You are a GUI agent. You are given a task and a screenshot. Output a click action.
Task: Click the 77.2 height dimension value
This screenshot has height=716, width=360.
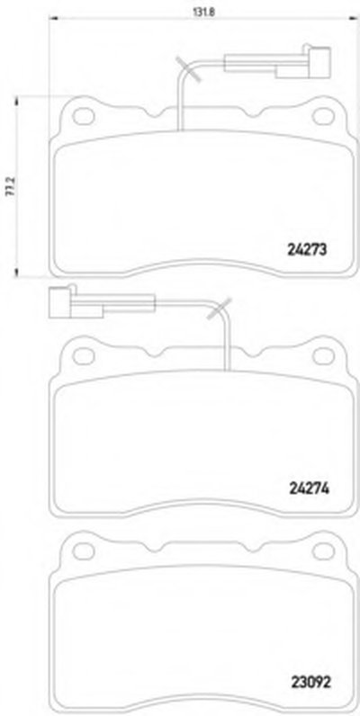(x=8, y=187)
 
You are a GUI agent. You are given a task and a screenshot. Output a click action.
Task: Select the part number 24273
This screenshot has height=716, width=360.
(x=308, y=250)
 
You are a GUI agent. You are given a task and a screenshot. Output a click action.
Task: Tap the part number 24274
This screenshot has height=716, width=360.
(x=309, y=488)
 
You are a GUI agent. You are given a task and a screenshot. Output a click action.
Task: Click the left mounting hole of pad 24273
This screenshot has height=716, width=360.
(x=83, y=116)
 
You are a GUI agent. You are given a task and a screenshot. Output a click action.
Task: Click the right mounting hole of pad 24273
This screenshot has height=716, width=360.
(x=323, y=116)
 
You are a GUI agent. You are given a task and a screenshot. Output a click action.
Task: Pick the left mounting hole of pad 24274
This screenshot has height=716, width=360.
(x=83, y=355)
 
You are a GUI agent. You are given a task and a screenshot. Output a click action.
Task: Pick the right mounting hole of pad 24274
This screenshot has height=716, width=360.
(x=323, y=355)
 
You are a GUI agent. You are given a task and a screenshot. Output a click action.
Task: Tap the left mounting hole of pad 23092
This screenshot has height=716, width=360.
(x=83, y=551)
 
